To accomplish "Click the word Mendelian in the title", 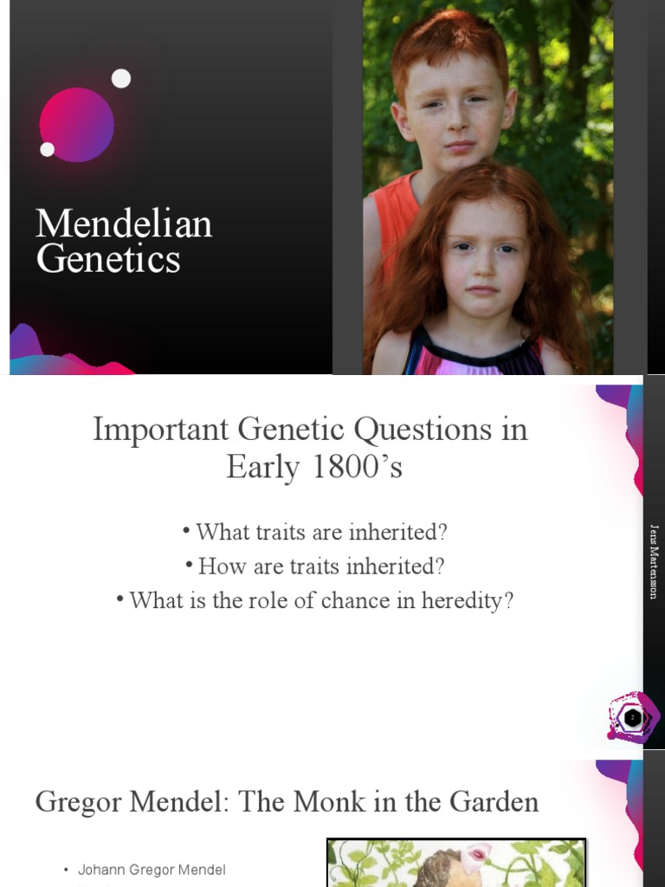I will tap(124, 224).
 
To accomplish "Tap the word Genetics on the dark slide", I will tap(108, 259).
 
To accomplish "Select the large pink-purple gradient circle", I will tap(77, 125).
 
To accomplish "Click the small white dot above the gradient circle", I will tap(121, 79).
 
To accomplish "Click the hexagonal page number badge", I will tap(633, 717).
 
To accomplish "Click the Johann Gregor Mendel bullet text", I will tap(152, 870).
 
